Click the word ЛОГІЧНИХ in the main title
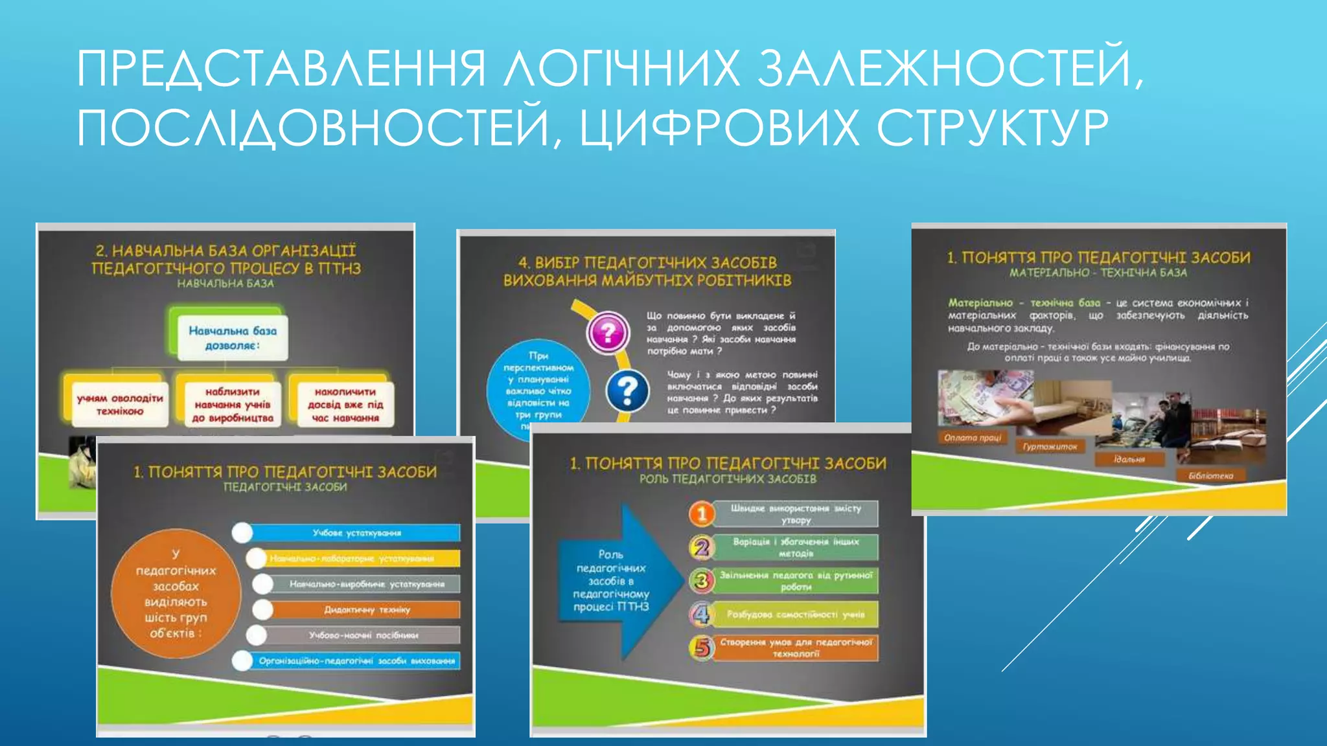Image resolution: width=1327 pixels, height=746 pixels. click(622, 68)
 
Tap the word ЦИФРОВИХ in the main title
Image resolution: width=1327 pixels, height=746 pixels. click(719, 128)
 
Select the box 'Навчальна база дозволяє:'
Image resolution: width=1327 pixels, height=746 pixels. click(232, 337)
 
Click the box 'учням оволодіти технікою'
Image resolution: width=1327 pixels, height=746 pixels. click(119, 404)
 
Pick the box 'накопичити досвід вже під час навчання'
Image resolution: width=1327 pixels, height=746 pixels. click(345, 405)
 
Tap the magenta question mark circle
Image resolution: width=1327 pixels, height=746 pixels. click(608, 333)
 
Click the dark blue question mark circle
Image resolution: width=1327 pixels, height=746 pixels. click(627, 391)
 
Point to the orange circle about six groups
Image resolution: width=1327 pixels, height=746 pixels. click(176, 593)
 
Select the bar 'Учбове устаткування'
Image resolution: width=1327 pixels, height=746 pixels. click(356, 533)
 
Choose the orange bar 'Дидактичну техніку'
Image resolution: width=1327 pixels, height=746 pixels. click(366, 609)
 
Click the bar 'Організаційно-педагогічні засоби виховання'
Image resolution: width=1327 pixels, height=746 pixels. click(356, 661)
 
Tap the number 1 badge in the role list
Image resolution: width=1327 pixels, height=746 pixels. click(701, 514)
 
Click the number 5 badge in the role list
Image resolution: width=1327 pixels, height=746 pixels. click(702, 648)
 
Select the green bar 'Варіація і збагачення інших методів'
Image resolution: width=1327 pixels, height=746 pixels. click(796, 547)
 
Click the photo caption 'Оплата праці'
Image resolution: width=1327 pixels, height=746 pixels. click(972, 438)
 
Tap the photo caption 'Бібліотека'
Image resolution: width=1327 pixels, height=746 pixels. click(1210, 476)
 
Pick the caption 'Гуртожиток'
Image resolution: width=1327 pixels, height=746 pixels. click(1050, 446)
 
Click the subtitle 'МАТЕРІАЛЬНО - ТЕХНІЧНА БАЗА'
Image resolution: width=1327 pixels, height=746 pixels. click(1098, 273)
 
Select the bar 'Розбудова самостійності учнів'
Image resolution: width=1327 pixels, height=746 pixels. click(796, 614)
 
